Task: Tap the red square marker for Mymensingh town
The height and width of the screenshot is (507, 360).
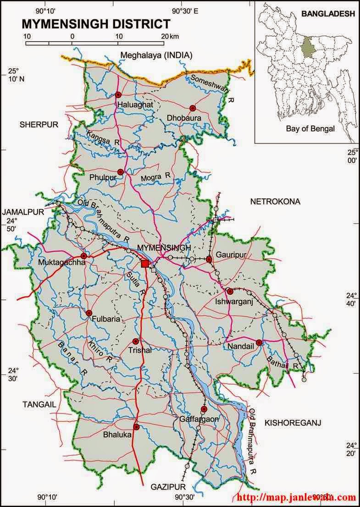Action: click(145, 263)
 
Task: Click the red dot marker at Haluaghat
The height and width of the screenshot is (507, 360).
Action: click(118, 95)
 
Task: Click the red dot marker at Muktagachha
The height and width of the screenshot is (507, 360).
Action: click(83, 256)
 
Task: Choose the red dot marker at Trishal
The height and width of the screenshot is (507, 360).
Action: click(135, 341)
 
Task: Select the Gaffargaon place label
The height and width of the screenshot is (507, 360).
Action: click(199, 419)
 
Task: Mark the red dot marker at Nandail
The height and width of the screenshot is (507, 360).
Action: click(259, 342)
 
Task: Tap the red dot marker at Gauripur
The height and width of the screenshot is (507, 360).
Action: click(209, 259)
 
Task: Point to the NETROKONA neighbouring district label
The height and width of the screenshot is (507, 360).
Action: click(275, 201)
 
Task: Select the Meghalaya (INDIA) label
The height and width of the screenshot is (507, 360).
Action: click(156, 55)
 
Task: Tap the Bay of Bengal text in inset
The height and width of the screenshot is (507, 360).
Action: click(310, 129)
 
